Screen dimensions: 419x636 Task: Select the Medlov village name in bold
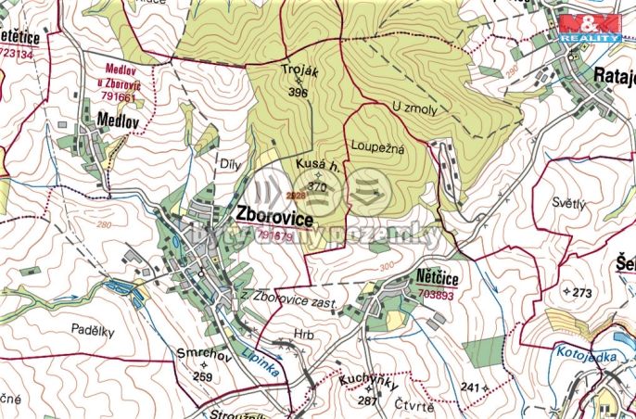118,120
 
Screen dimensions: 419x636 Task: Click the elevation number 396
298,93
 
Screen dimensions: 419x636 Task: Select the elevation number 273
581,292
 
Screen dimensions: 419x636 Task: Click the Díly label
228,164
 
